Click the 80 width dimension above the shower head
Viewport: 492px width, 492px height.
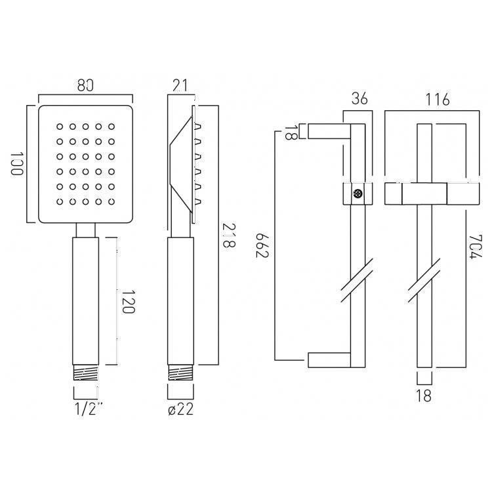tap(86, 85)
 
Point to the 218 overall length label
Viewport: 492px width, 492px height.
tap(228, 235)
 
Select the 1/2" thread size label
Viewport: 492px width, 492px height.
tap(89, 410)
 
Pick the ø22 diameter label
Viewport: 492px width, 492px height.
tap(182, 410)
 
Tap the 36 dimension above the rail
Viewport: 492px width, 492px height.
tap(359, 99)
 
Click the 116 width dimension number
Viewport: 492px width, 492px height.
tap(437, 99)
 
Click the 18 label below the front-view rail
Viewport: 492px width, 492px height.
tap(424, 396)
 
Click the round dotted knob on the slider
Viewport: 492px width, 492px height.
tap(358, 194)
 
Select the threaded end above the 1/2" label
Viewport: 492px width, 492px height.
tap(86, 374)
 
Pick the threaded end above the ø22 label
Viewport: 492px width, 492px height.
tap(180, 374)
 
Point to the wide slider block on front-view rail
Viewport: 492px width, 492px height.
tap(425, 194)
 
